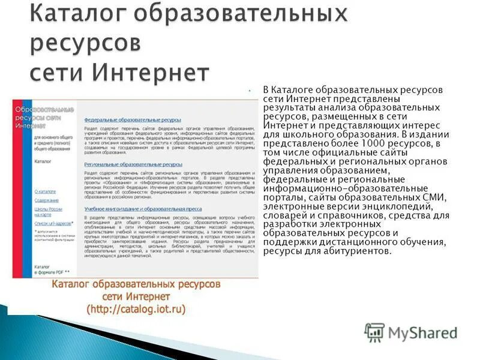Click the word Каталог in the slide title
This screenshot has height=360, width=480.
tap(70, 14)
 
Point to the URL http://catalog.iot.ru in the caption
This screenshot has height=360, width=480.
tap(136, 309)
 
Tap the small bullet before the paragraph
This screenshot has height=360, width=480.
tap(248, 90)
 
